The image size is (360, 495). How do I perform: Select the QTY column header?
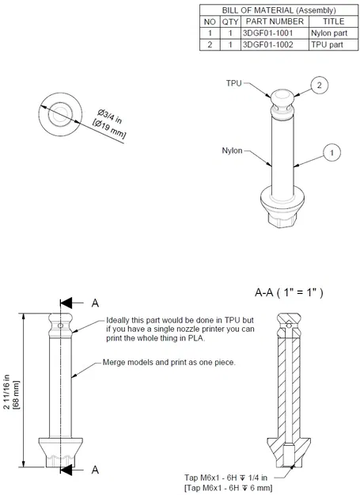point(230,21)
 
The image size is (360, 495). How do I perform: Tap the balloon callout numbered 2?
point(319,85)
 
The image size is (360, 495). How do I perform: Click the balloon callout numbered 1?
point(333,150)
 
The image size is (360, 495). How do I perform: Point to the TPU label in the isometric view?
point(233,83)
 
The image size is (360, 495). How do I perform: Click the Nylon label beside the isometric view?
point(232,150)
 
